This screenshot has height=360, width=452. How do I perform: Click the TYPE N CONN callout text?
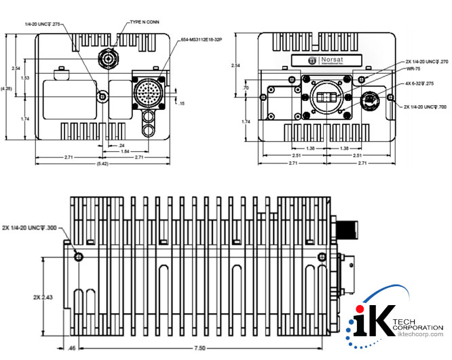tap(144, 22)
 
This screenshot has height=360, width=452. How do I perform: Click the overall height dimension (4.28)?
tap(6, 88)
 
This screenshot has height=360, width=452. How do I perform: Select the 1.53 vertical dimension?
tap(25, 78)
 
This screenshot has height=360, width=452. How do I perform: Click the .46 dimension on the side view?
tap(72, 348)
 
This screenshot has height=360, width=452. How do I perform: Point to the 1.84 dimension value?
tap(126, 151)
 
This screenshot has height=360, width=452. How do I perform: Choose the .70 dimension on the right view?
tap(246, 88)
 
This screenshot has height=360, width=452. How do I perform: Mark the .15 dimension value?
tap(182, 103)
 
